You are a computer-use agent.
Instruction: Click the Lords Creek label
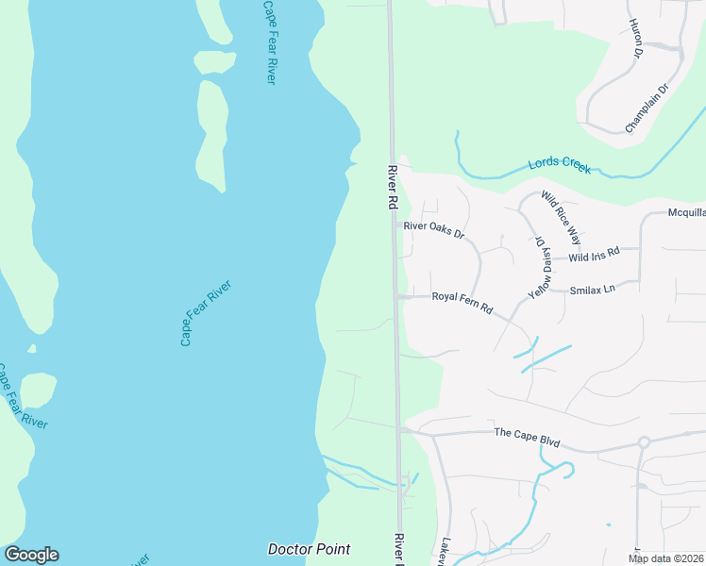(x=560, y=163)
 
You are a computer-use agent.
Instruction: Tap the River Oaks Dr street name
(x=434, y=228)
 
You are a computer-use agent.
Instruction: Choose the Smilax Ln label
(x=592, y=289)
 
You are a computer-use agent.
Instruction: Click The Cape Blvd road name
(x=527, y=432)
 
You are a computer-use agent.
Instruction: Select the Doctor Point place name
(x=309, y=549)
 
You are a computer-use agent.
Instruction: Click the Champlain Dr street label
(x=647, y=108)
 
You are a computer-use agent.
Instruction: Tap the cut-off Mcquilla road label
(x=686, y=214)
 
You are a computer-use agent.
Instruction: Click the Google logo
(x=31, y=555)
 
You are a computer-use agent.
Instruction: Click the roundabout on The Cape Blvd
(x=644, y=441)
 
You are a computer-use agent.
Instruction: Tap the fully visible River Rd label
(x=393, y=188)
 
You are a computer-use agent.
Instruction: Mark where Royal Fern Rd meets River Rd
(x=395, y=296)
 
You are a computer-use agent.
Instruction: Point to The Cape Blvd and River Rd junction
(x=399, y=429)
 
